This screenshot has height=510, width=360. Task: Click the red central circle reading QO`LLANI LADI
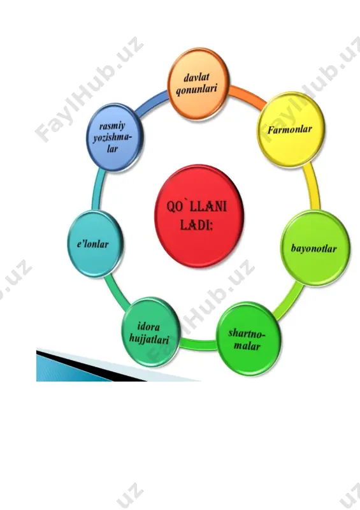(x=199, y=216)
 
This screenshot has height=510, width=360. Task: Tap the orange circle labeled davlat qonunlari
(x=198, y=84)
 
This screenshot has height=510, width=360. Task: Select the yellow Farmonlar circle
(x=291, y=130)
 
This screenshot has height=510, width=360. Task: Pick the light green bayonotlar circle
(x=315, y=249)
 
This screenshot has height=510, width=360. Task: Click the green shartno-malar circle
(x=248, y=339)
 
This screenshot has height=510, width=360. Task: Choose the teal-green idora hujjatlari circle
(x=150, y=332)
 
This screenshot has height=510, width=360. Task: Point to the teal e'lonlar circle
(x=95, y=244)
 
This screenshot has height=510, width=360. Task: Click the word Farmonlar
(x=289, y=130)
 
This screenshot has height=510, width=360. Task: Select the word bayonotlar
(x=313, y=249)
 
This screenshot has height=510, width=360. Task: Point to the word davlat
(x=196, y=77)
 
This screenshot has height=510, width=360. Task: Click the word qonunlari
(x=196, y=89)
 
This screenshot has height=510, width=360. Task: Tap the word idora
(x=148, y=326)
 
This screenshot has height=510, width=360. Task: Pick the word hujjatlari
(x=149, y=339)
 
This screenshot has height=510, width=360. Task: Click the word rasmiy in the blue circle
(x=112, y=126)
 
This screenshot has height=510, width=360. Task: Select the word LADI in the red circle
(x=196, y=225)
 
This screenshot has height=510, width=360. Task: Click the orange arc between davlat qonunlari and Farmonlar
(x=248, y=96)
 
